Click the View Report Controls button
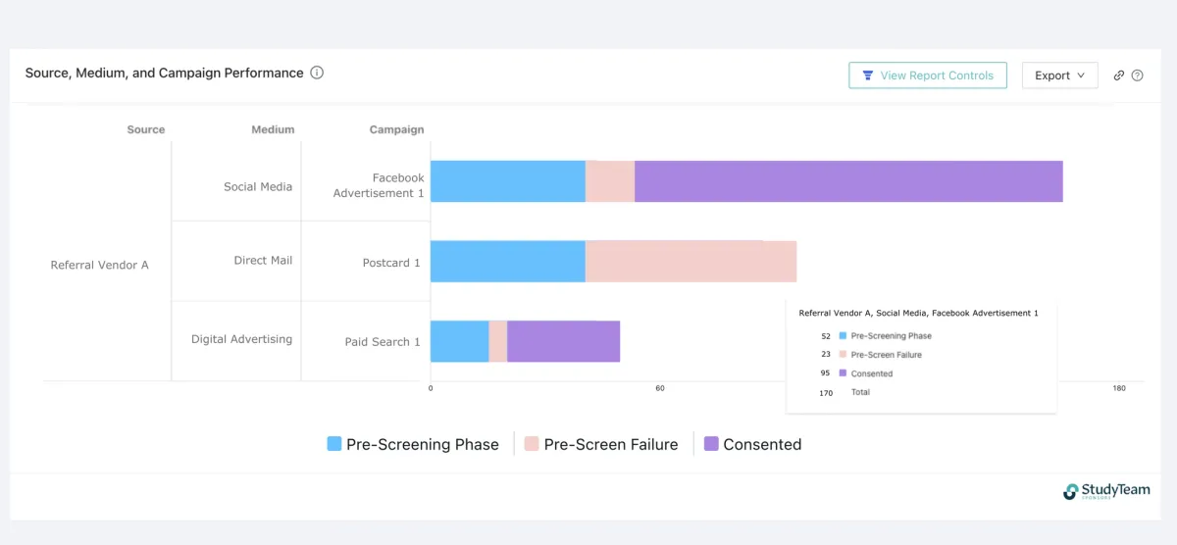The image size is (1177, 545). (x=927, y=75)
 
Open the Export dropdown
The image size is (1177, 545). (x=1059, y=75)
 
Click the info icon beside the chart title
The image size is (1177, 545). (x=317, y=73)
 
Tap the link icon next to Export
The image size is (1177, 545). (x=1118, y=75)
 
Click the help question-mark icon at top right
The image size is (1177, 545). (x=1138, y=75)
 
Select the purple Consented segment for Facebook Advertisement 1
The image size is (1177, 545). (x=848, y=181)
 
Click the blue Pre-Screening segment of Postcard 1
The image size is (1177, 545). (x=507, y=262)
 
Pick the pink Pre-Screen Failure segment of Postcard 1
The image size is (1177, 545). (x=691, y=262)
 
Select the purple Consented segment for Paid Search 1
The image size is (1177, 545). (x=563, y=341)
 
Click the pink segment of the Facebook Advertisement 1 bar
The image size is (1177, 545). (x=610, y=181)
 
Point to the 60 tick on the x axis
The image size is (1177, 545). (x=660, y=389)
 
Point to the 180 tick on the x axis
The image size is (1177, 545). (x=1119, y=389)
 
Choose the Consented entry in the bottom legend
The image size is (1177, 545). (x=752, y=444)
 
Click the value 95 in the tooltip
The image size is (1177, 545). (x=826, y=373)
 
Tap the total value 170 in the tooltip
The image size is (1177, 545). (x=826, y=392)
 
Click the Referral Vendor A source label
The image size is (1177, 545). (x=99, y=265)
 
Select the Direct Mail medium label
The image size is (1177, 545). (x=263, y=261)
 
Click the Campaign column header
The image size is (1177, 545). (x=396, y=129)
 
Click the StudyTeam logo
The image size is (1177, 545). (x=1106, y=491)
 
